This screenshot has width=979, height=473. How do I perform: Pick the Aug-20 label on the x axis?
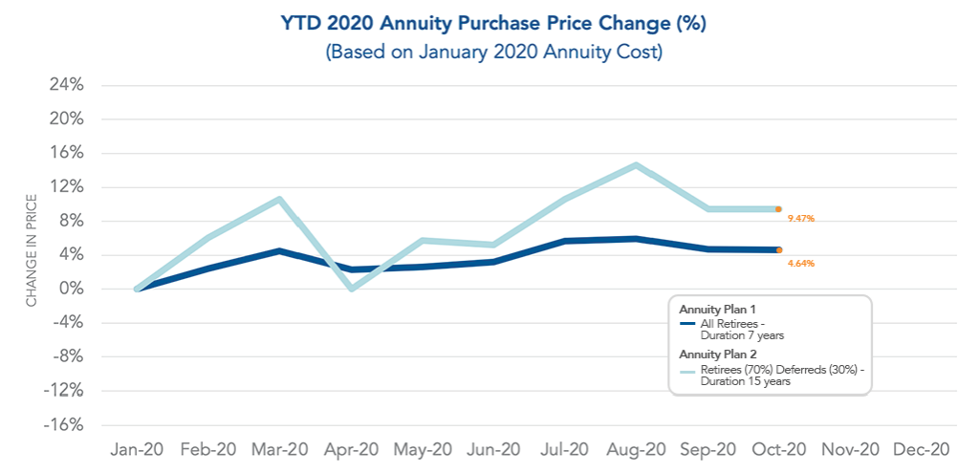click(x=636, y=449)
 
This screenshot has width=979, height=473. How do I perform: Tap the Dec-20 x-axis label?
click(x=921, y=449)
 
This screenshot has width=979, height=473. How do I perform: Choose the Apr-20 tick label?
click(x=352, y=449)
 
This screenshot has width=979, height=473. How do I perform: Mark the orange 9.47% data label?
click(x=800, y=219)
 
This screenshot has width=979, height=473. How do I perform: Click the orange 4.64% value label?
click(x=800, y=263)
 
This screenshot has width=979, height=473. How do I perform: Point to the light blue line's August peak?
click(x=636, y=165)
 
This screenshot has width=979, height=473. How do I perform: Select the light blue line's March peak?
click(x=278, y=199)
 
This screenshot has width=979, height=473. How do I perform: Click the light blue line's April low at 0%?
click(x=352, y=289)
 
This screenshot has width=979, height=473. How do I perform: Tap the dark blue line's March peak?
click(x=278, y=250)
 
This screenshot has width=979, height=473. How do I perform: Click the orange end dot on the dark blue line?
click(x=779, y=249)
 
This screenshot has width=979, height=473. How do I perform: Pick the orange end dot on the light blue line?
click(x=779, y=208)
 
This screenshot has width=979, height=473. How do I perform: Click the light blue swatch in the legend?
click(x=687, y=369)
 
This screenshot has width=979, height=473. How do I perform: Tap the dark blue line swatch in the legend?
click(x=687, y=323)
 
